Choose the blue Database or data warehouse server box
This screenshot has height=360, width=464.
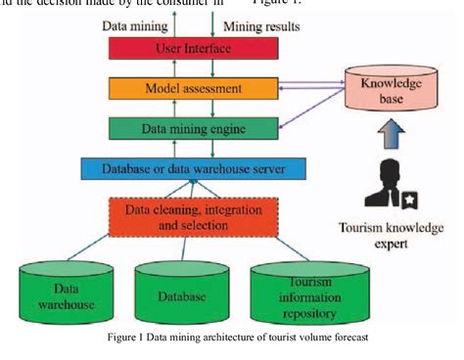[x=183, y=167]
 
